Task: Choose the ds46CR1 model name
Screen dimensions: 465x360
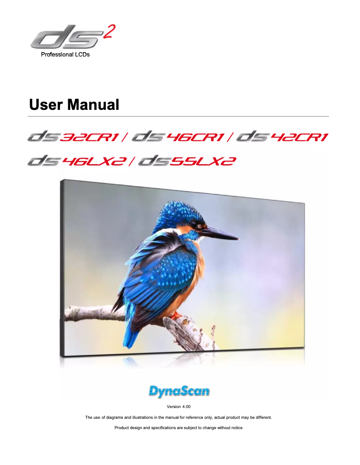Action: click(179, 136)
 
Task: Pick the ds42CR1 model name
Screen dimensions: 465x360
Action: click(282, 136)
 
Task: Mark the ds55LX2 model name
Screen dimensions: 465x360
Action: click(187, 160)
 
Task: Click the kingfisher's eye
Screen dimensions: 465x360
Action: click(194, 224)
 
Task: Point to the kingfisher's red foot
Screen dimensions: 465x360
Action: click(175, 315)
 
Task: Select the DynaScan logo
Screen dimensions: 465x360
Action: click(179, 391)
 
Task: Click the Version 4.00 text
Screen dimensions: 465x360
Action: click(179, 407)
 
